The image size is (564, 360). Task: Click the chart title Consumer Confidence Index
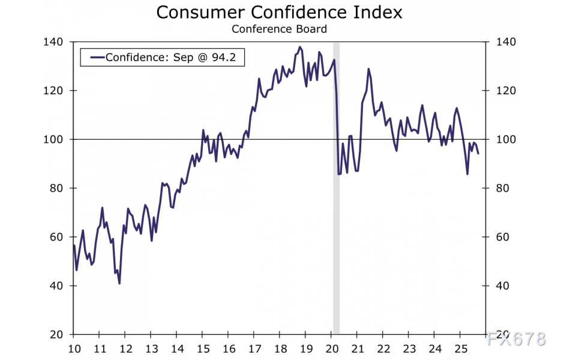(x=279, y=12)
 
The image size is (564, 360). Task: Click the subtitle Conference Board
(x=279, y=29)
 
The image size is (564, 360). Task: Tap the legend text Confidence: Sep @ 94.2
(x=174, y=58)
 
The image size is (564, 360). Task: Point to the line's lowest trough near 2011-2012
(x=119, y=283)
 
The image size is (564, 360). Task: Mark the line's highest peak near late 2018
(x=300, y=47)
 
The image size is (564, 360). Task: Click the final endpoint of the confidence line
(x=478, y=154)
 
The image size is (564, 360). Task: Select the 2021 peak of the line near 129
(x=368, y=69)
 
